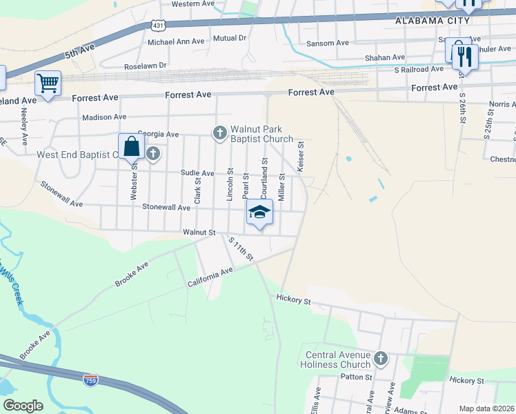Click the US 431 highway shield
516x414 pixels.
(158, 25)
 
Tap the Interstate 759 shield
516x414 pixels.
(90, 379)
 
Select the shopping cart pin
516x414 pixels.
(48, 84)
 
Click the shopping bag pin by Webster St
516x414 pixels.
(131, 148)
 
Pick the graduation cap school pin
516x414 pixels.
(259, 212)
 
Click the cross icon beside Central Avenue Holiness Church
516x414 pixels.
(381, 359)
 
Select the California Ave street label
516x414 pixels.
(210, 277)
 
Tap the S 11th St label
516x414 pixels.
(242, 249)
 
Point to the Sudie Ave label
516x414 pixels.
(197, 173)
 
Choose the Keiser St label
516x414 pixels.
(301, 157)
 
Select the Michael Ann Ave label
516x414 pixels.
(177, 41)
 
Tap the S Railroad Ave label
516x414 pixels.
(419, 69)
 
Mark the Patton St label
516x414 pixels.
(356, 377)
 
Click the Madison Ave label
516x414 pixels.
(104, 117)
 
